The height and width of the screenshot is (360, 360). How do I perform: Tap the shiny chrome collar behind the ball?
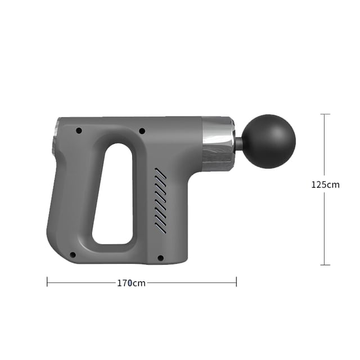(217, 143)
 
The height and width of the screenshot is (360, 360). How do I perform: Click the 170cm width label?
(131, 283)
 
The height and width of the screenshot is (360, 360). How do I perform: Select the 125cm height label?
(325, 184)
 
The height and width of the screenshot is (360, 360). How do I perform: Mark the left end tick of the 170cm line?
(47, 281)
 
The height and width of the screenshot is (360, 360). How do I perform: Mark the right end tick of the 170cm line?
(236, 281)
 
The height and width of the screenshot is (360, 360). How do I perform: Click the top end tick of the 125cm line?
(325, 114)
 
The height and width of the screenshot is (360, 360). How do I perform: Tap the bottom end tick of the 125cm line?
(325, 264)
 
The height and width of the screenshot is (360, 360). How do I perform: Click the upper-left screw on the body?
(79, 130)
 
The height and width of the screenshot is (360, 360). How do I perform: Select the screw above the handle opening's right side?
(142, 131)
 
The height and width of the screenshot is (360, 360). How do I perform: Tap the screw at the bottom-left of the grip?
(73, 255)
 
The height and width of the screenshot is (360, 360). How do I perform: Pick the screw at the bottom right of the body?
(160, 258)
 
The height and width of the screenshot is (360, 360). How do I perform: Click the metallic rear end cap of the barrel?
(56, 138)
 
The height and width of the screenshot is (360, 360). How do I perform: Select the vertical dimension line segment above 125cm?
(325, 146)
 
